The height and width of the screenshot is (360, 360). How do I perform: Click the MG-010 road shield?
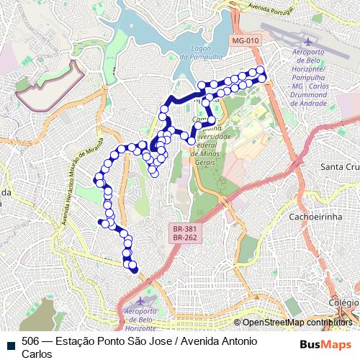[246, 40]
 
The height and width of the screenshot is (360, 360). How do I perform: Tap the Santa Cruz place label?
[339, 167]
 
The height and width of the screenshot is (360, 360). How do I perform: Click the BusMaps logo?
[325, 345]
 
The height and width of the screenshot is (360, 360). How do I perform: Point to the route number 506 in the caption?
[31, 341]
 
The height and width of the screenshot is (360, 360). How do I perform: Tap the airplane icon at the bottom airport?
[141, 300]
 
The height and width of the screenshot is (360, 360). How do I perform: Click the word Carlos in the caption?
[37, 354]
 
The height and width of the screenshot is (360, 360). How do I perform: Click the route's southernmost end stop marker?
[133, 269]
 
